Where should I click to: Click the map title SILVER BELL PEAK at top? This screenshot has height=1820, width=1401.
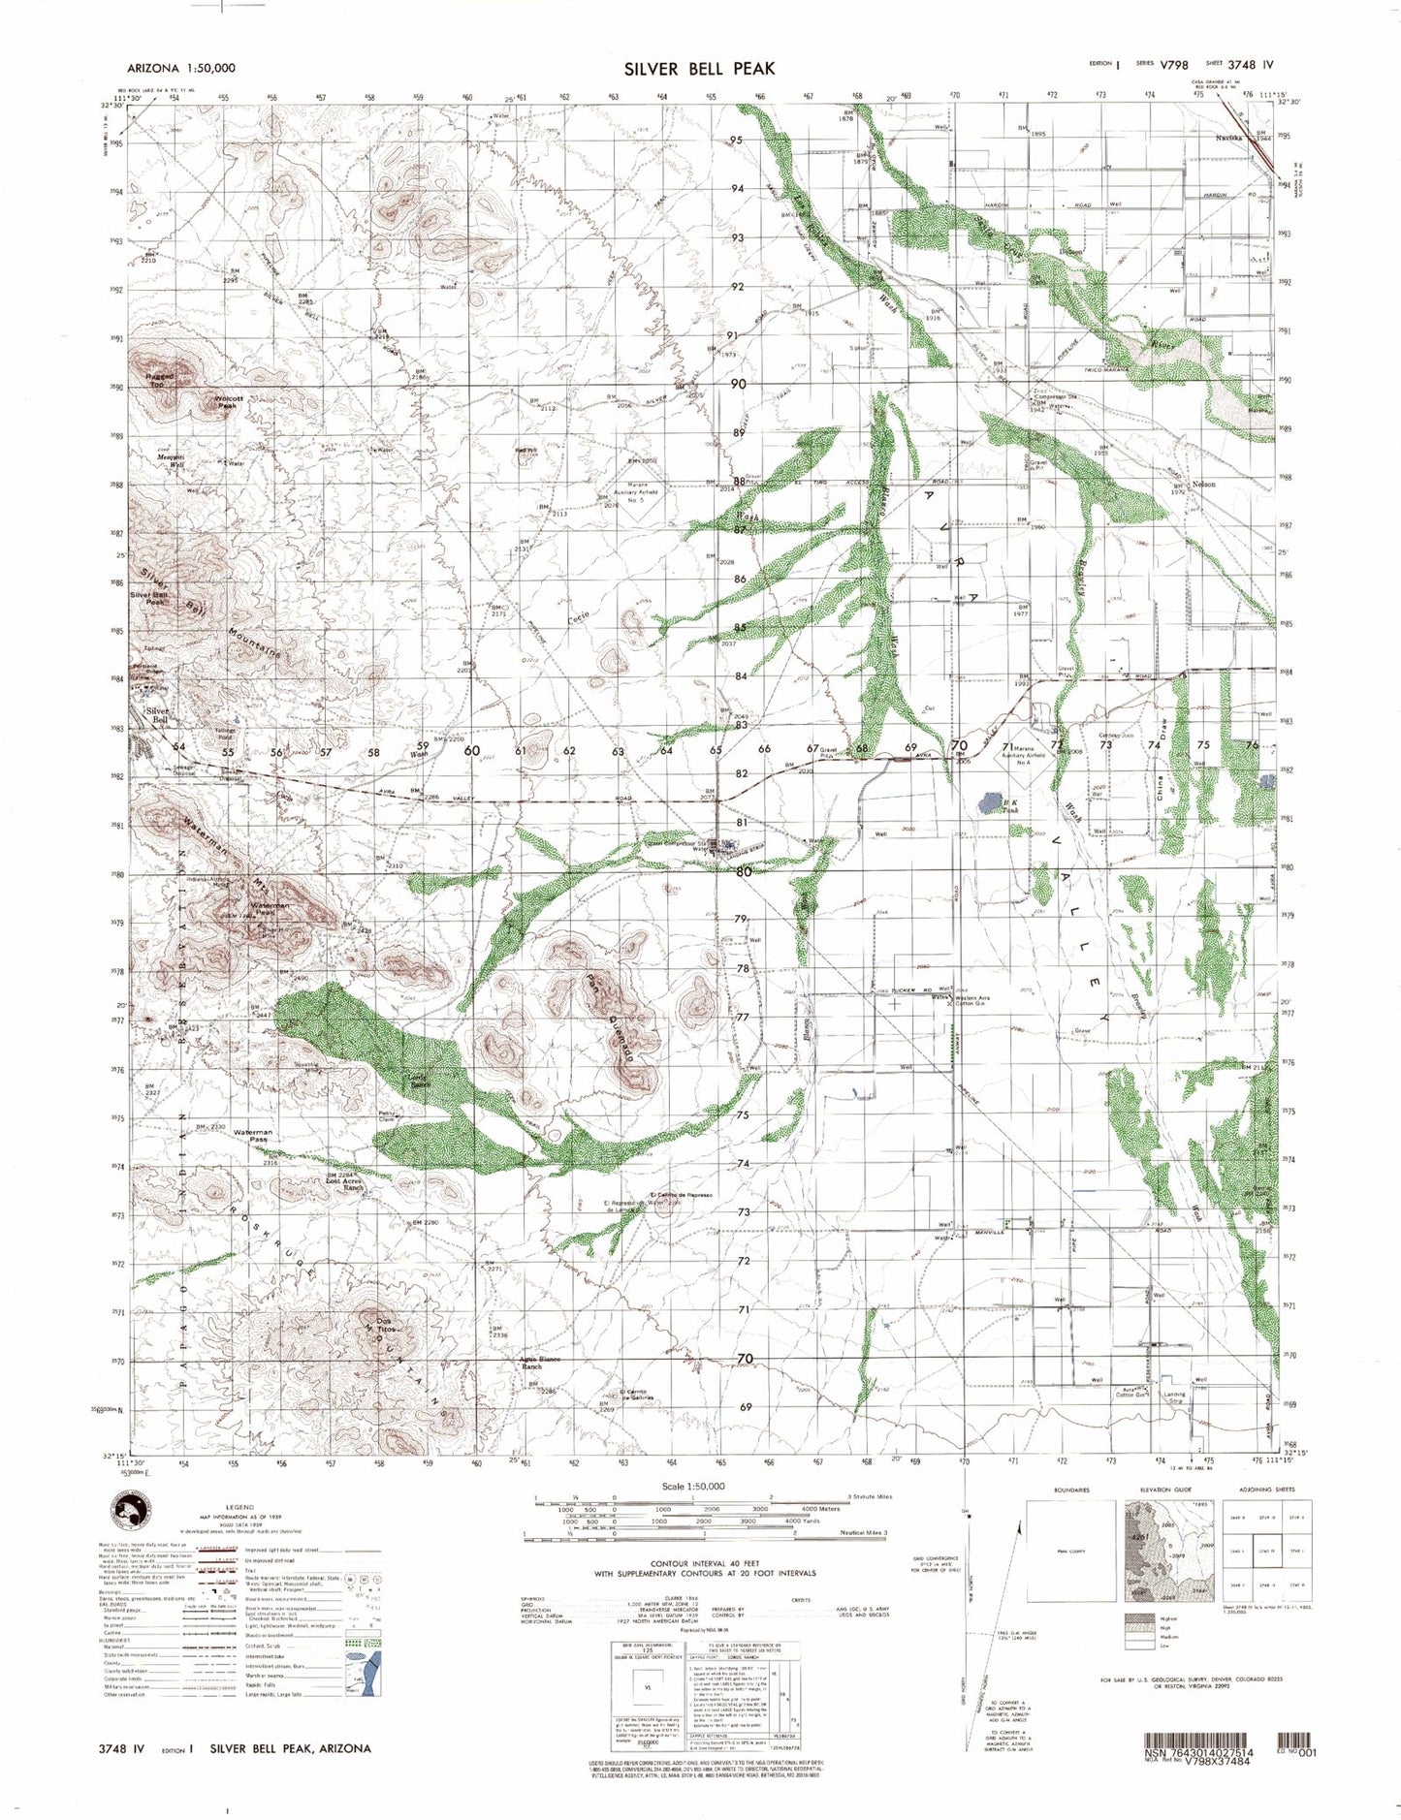(699, 68)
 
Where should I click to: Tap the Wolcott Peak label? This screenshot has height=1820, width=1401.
(226, 401)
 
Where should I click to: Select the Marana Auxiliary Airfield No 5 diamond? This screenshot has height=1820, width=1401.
(636, 496)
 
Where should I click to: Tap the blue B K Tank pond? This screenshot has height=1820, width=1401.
(989, 801)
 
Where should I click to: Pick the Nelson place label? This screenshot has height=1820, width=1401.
(1203, 484)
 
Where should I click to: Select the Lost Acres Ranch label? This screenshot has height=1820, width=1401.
(345, 1179)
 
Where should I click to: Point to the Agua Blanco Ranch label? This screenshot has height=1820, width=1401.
(540, 1363)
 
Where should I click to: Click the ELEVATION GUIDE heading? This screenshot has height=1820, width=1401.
(1163, 1490)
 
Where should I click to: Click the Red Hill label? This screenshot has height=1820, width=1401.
(525, 450)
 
